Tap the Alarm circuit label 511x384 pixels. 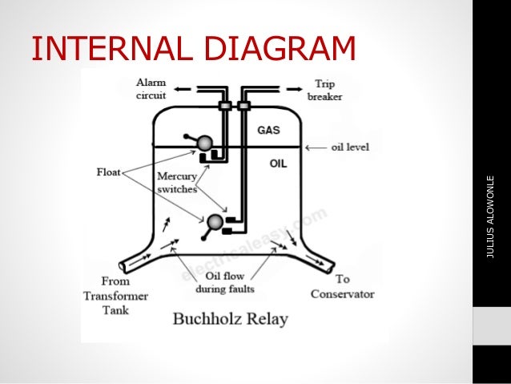pyautogui.click(x=151, y=88)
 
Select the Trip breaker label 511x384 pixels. pyautogui.click(x=324, y=90)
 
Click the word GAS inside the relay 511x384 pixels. pyautogui.click(x=269, y=129)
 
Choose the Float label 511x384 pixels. pyautogui.click(x=108, y=171)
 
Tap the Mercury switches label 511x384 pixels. pyautogui.click(x=177, y=183)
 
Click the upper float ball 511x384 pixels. pyautogui.click(x=205, y=143)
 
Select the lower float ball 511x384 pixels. pyautogui.click(x=215, y=222)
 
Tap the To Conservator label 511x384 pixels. pyautogui.click(x=342, y=286)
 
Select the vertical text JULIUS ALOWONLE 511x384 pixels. pyautogui.click(x=491, y=216)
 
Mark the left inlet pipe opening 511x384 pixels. pyautogui.click(x=123, y=265)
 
